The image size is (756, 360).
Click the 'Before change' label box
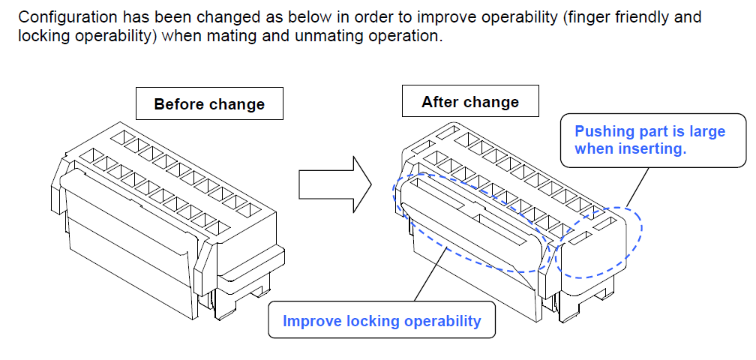(x=209, y=103)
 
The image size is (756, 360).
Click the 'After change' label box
(x=470, y=101)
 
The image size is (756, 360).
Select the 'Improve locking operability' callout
(x=382, y=321)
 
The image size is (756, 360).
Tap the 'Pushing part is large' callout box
(x=649, y=139)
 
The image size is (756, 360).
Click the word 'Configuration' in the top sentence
(x=66, y=16)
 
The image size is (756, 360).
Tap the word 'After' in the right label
(x=439, y=101)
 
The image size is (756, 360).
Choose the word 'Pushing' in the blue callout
(x=601, y=131)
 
